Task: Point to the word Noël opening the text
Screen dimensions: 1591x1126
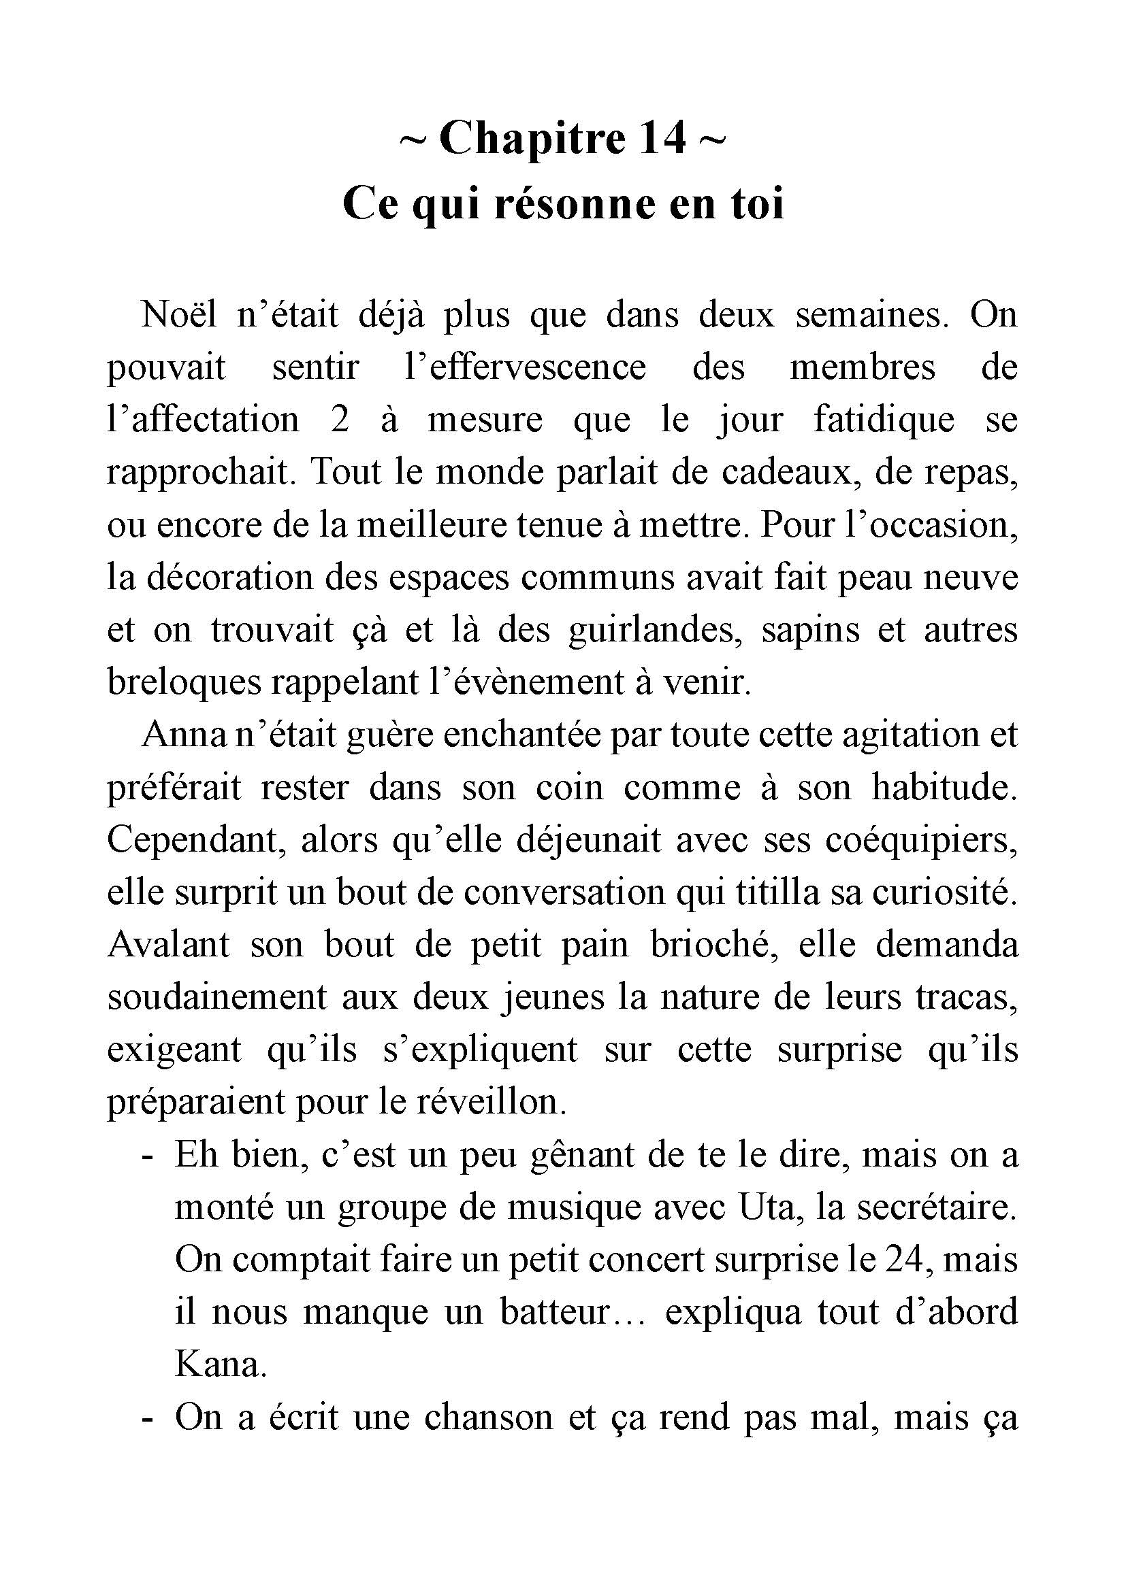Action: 179,315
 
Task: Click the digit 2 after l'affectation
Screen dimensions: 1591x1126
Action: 340,420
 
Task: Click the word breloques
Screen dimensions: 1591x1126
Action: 183,683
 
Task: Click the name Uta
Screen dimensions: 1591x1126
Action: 765,1209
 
